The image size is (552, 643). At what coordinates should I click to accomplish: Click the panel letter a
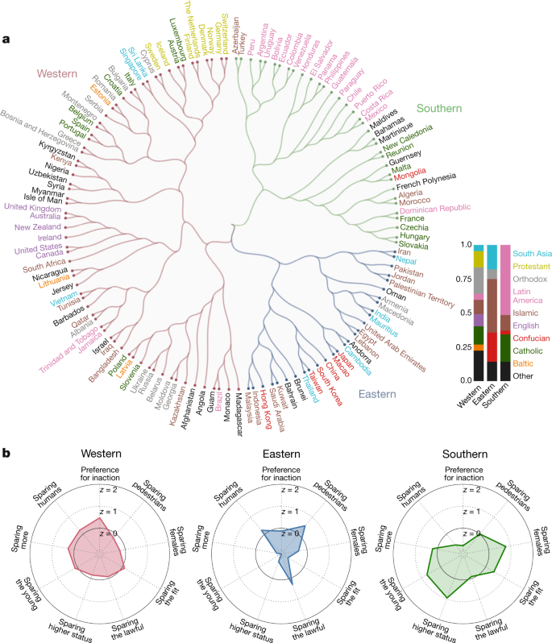tap(7, 38)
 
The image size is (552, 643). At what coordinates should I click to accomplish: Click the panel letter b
tap(7, 454)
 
